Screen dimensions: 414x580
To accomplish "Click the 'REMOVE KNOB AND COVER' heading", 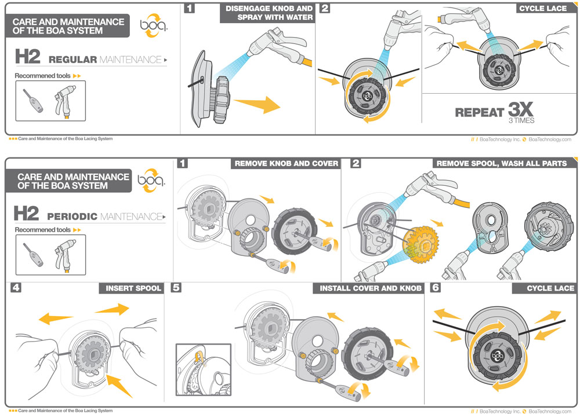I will (286, 163).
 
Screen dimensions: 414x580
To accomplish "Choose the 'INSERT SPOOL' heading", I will (133, 288).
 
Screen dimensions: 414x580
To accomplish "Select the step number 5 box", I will (176, 288).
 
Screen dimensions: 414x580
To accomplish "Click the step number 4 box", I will (16, 288).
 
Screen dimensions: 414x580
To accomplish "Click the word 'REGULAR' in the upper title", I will (72, 60).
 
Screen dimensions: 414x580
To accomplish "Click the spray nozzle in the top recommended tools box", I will (66, 100).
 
